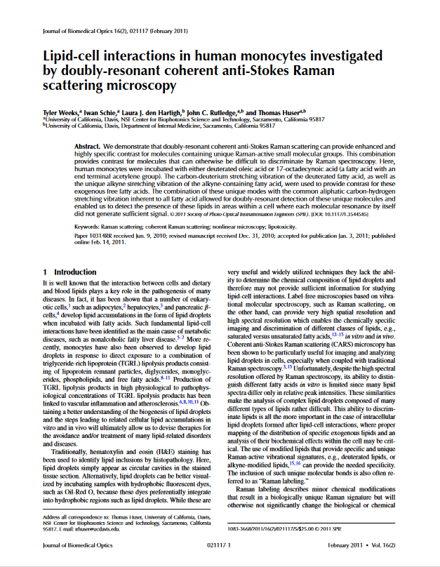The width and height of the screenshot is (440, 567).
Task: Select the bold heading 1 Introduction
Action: (x=64, y=271)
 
